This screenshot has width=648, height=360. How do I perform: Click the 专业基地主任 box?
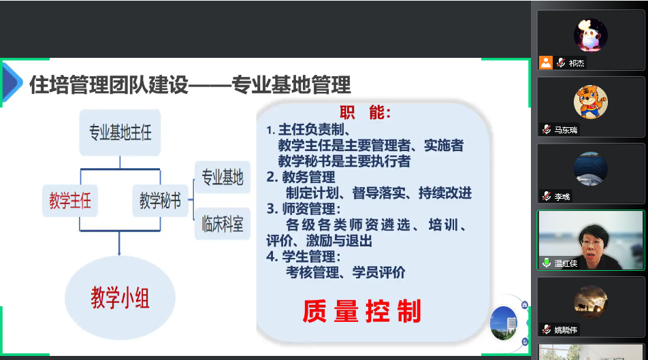point(120,132)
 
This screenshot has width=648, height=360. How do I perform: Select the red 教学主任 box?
point(69,201)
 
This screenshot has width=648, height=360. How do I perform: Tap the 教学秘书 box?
point(160,201)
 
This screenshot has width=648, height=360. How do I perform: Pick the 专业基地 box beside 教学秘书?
point(222,178)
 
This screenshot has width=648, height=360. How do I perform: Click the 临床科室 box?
point(222,223)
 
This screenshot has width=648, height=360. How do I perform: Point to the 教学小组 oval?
point(120,298)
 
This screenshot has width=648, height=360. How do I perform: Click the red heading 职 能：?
point(366,113)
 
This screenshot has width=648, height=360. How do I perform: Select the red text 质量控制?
point(362,311)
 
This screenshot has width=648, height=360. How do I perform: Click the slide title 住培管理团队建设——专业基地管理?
point(190,85)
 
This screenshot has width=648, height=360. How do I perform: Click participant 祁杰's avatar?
point(589,35)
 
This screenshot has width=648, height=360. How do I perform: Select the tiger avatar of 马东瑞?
point(589,102)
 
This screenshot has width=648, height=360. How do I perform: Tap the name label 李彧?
point(562,197)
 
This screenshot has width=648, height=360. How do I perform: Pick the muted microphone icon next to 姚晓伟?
point(547,330)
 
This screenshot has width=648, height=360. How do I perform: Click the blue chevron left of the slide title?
point(11,82)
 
